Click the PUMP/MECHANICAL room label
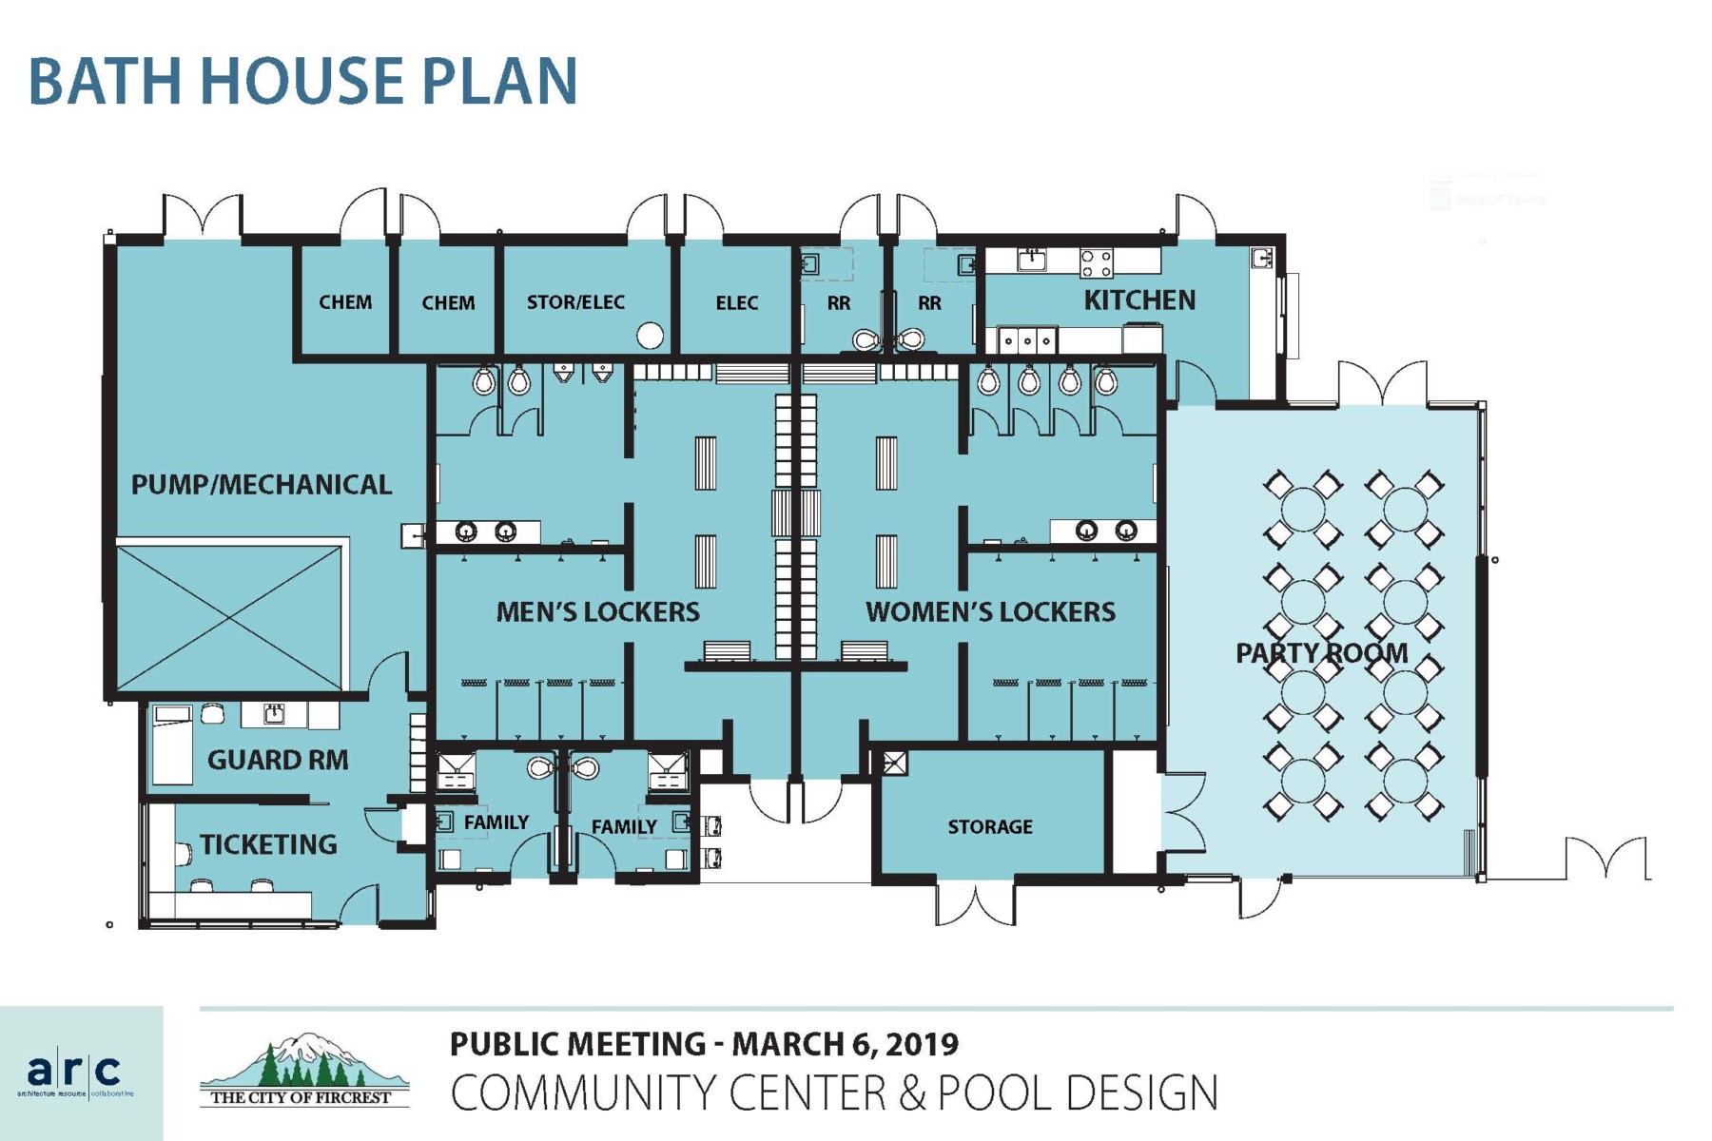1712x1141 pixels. click(x=261, y=485)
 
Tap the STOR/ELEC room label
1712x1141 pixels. click(x=575, y=302)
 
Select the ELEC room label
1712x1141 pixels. click(x=736, y=303)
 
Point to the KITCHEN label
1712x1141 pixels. click(x=1139, y=300)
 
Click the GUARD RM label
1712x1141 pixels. click(x=278, y=761)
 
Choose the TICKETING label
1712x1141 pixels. click(x=268, y=844)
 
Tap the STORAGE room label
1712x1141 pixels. click(x=990, y=827)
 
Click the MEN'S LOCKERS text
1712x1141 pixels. click(x=597, y=612)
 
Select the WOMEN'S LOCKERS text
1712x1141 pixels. click(x=990, y=612)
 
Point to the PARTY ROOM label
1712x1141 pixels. click(x=1321, y=653)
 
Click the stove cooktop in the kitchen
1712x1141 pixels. click(x=1096, y=261)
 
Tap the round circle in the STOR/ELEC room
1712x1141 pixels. click(x=650, y=335)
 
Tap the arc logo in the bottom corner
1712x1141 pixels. click(x=73, y=1072)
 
